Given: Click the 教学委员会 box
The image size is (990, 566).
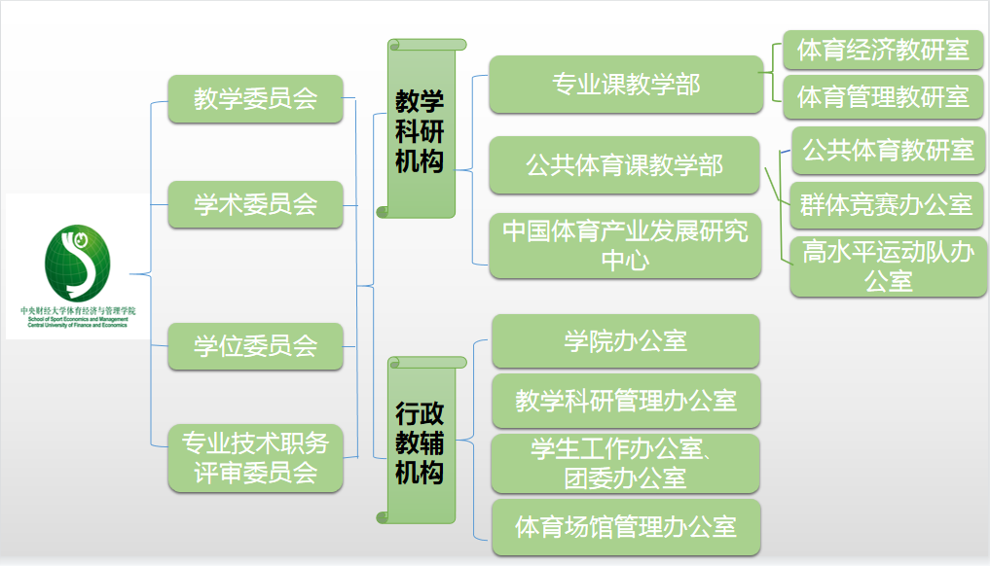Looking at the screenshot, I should (256, 99).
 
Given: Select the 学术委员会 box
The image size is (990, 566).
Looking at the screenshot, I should (256, 204).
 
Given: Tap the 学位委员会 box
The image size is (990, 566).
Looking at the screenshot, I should (256, 346).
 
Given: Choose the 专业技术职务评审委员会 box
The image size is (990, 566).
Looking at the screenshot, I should (256, 459).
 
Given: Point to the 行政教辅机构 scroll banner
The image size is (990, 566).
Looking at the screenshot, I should (421, 442).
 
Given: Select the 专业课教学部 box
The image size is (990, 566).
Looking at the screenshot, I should (625, 85).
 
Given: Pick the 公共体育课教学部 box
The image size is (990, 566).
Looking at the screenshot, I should (624, 165).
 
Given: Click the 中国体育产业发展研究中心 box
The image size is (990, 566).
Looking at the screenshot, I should (624, 245).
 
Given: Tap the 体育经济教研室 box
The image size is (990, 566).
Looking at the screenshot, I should (883, 51).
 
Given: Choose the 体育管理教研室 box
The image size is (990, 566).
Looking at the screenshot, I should (883, 97).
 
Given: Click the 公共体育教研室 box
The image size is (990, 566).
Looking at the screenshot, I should (887, 151).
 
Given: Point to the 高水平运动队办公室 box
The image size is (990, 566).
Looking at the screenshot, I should (888, 266).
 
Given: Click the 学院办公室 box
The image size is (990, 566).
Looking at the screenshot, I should (625, 341).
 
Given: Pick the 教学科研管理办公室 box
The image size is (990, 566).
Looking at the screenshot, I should (625, 401).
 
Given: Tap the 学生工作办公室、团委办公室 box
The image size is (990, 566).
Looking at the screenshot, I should (625, 463).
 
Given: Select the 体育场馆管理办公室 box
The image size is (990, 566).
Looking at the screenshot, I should (625, 527).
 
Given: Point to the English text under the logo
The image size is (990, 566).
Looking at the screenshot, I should (78, 322).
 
